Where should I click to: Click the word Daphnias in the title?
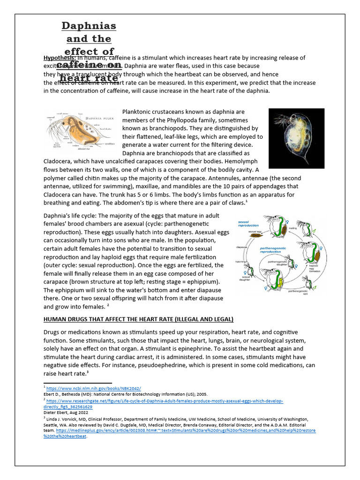(89, 25)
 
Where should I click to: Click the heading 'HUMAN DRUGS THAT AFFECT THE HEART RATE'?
(138, 319)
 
